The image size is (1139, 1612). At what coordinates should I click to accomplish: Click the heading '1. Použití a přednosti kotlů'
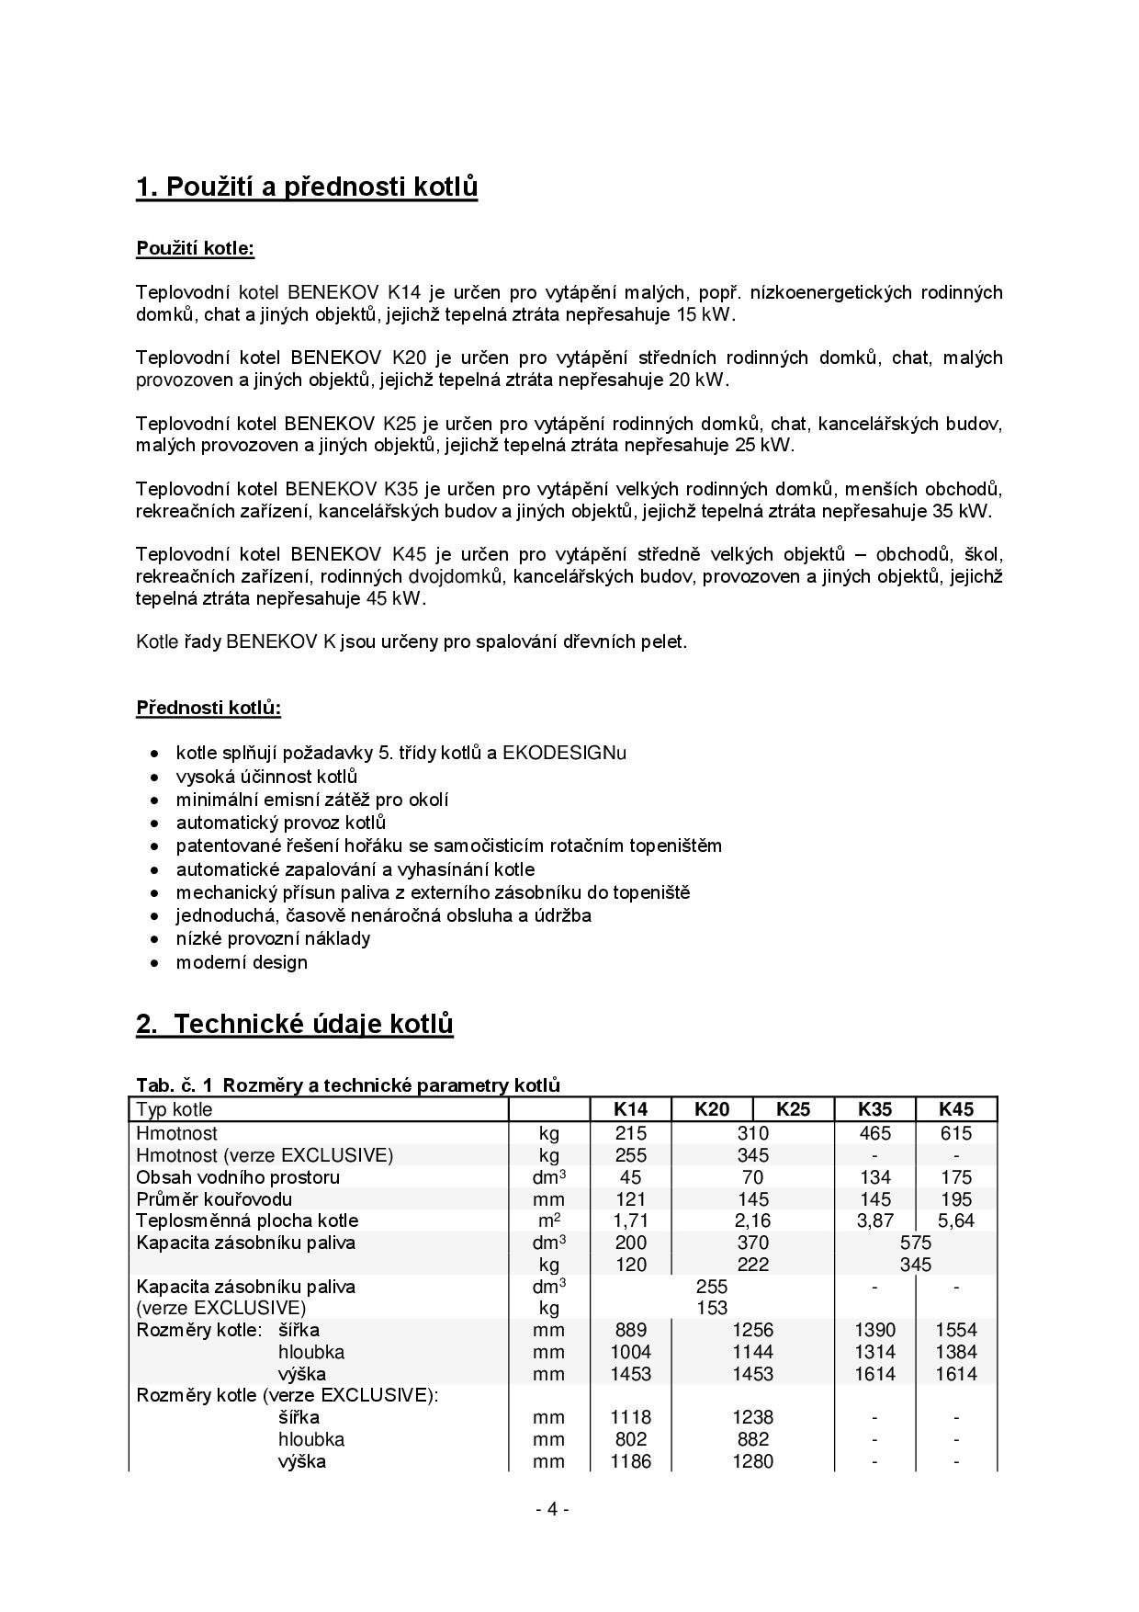tap(307, 187)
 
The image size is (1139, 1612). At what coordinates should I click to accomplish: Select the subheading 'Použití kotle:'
tap(195, 248)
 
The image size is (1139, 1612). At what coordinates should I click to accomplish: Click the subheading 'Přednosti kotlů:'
tap(209, 708)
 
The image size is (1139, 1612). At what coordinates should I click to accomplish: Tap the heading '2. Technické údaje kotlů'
tap(295, 1024)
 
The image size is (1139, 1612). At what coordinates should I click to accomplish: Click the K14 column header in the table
tap(630, 1109)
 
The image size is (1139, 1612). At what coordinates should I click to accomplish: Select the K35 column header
tap(874, 1109)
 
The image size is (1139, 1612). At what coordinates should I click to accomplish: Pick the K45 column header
tap(956, 1109)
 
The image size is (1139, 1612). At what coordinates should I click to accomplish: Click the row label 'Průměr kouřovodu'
tap(214, 1198)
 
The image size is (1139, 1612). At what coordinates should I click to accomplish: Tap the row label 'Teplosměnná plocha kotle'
tap(247, 1220)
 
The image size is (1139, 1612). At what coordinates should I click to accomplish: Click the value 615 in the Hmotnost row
tap(956, 1133)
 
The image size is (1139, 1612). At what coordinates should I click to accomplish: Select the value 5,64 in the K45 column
tap(956, 1220)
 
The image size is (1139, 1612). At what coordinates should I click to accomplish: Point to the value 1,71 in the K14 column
tap(630, 1220)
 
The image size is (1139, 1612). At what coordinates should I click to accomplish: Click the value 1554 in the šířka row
tap(956, 1330)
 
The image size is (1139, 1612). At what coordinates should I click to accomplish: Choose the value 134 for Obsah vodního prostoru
tap(874, 1177)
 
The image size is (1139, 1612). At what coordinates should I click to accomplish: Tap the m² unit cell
tap(548, 1220)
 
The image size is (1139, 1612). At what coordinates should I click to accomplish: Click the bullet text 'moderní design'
tap(242, 962)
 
